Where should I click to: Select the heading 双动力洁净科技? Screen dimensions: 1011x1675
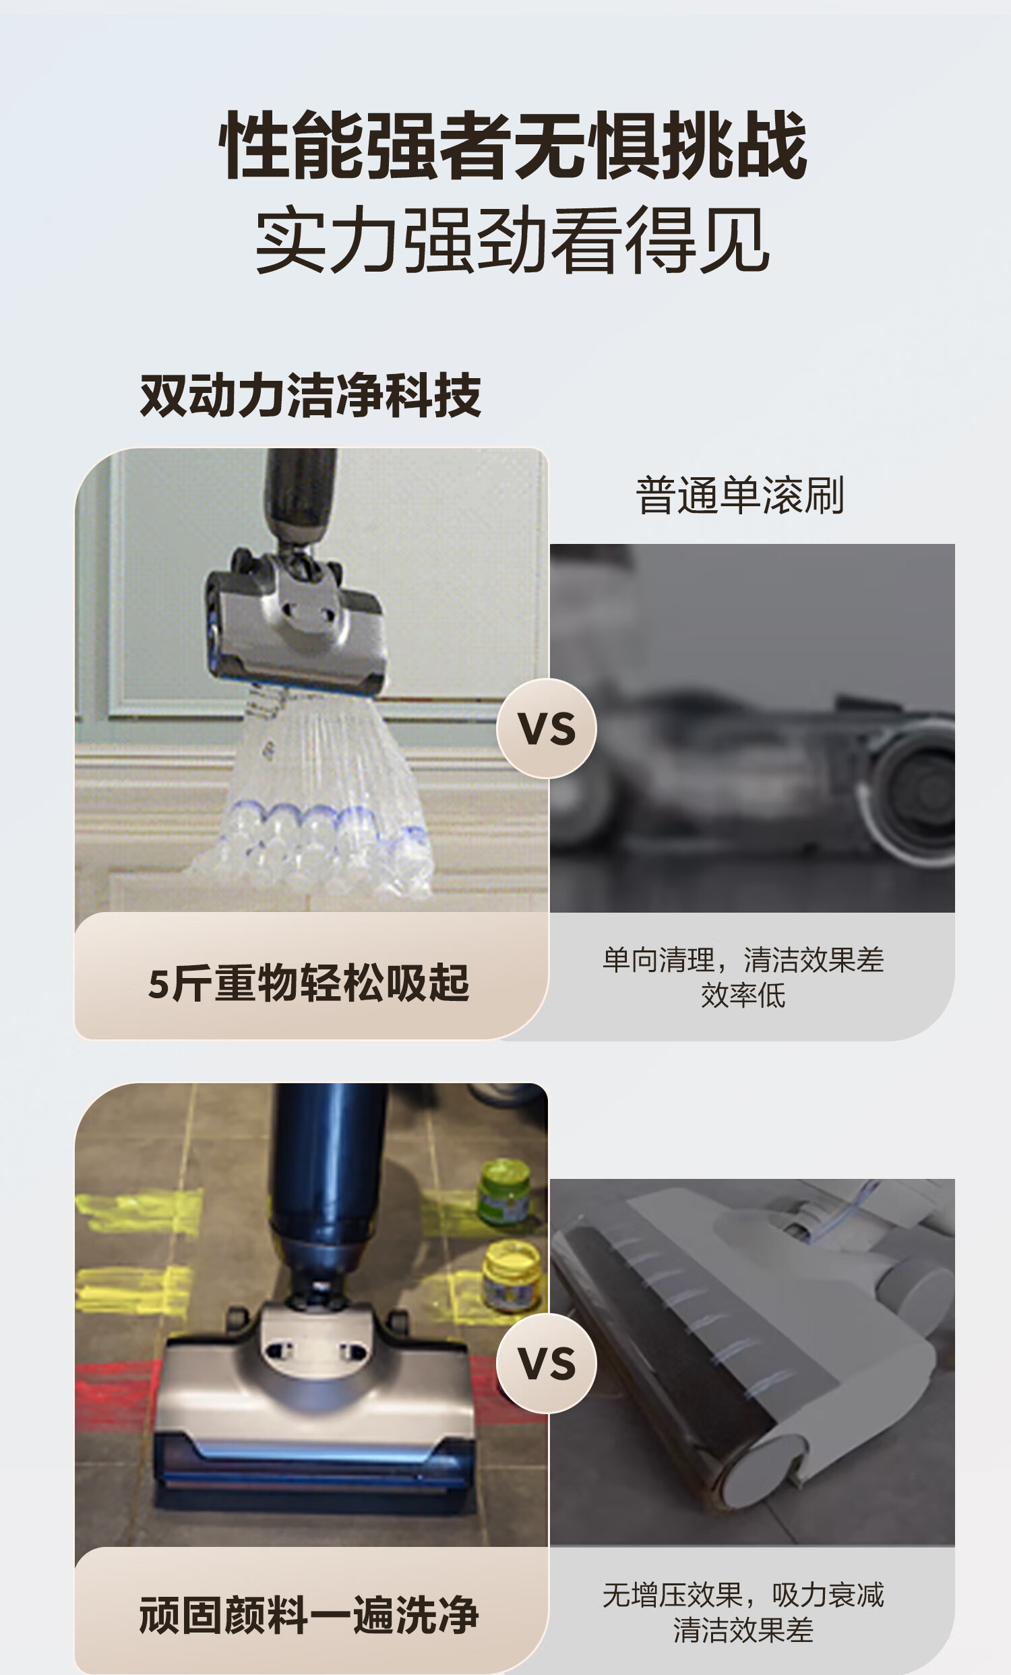click(311, 395)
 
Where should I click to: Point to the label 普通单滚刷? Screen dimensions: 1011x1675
click(740, 495)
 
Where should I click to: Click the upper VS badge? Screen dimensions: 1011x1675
click(547, 728)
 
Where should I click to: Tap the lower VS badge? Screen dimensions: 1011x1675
click(547, 1363)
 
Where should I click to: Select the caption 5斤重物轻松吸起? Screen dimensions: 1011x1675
click(309, 983)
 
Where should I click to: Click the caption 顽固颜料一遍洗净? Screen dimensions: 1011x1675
click(309, 1615)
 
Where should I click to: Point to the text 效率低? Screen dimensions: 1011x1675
click(743, 995)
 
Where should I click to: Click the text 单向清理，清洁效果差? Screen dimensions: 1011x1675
click(743, 960)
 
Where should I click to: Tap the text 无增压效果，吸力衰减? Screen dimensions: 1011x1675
click(743, 1595)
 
